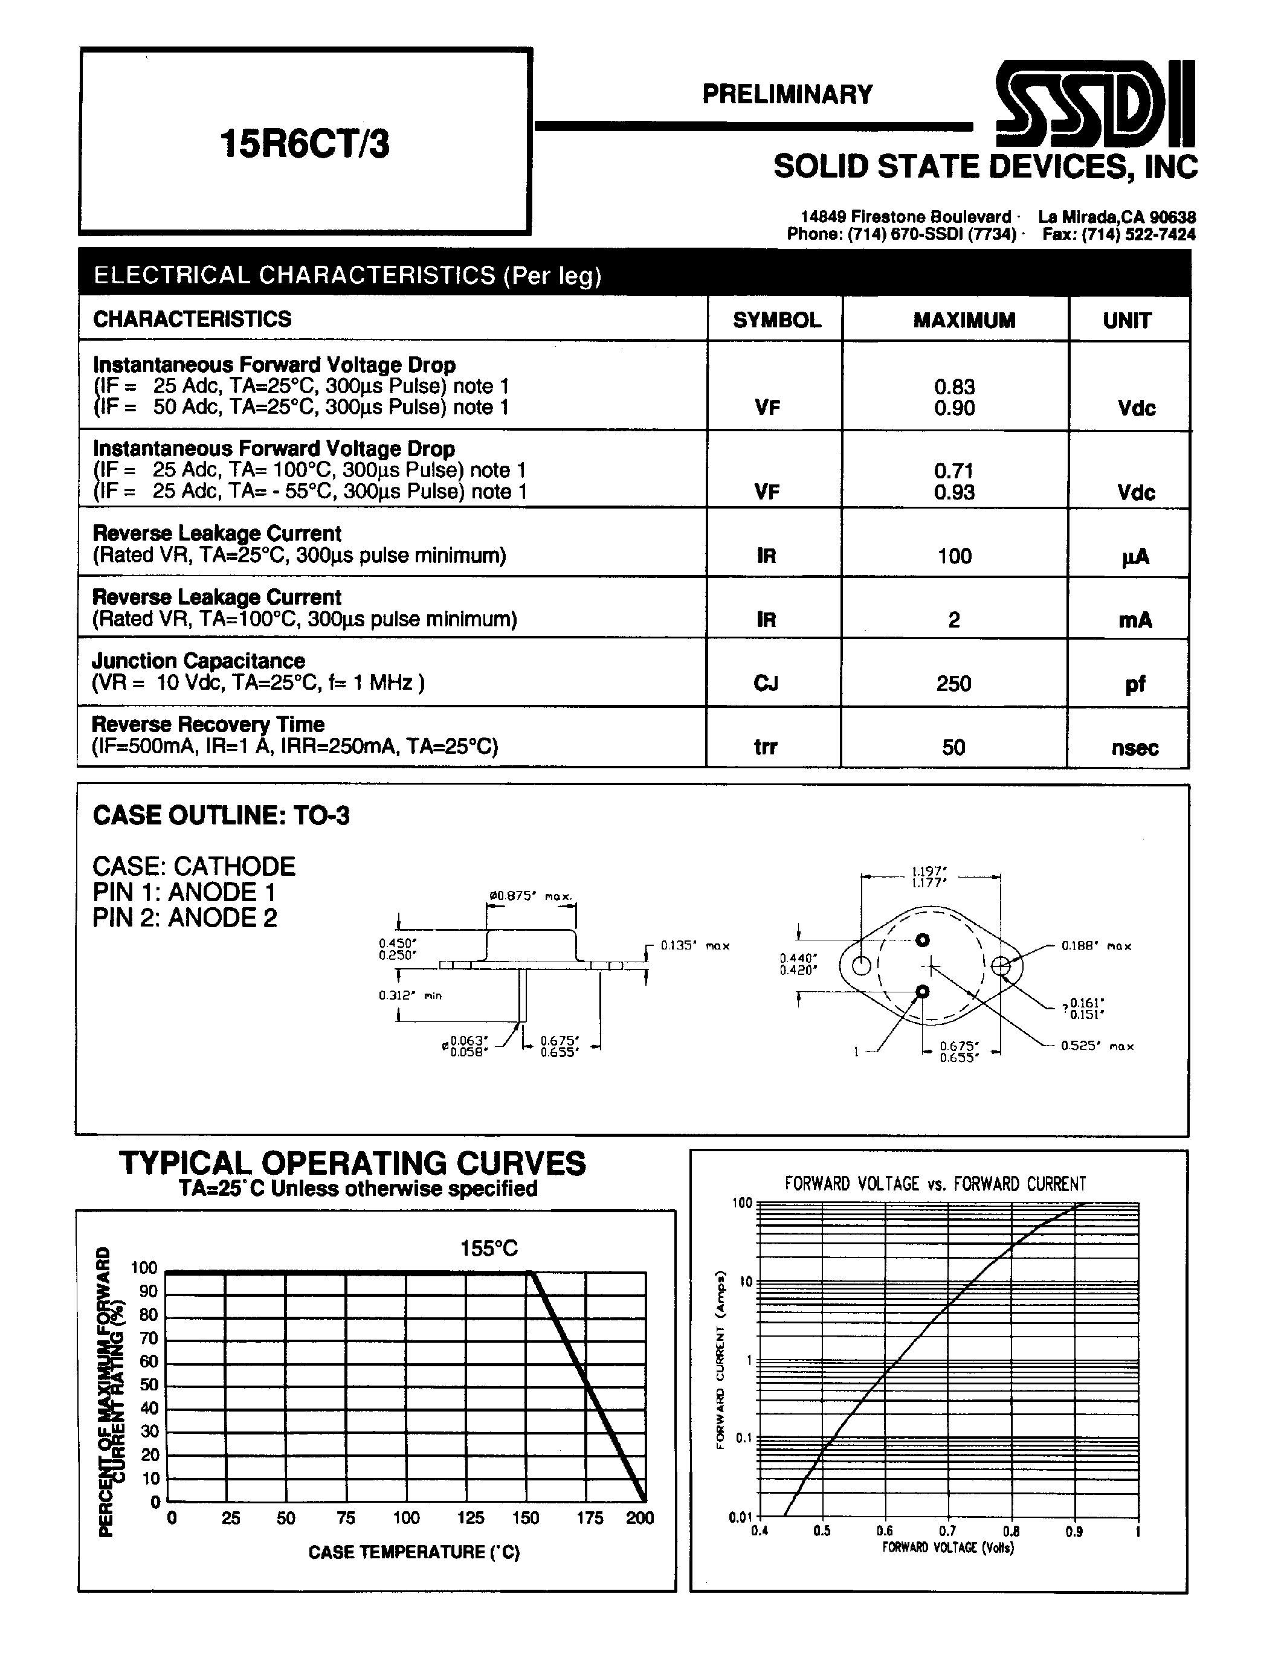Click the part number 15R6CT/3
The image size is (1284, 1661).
[305, 143]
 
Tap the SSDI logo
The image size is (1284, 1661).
[1095, 105]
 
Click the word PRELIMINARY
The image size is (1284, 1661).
[787, 94]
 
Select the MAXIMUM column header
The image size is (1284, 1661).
[964, 320]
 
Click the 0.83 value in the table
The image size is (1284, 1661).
[954, 387]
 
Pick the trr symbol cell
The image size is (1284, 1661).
[765, 747]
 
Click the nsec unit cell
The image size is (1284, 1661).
[1134, 748]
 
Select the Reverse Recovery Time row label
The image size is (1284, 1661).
[208, 724]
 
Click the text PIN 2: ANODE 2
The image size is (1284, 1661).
[185, 918]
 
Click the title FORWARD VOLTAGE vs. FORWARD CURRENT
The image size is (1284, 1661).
[935, 1183]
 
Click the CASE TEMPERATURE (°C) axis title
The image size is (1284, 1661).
[414, 1552]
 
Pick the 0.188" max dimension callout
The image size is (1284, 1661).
[1095, 946]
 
